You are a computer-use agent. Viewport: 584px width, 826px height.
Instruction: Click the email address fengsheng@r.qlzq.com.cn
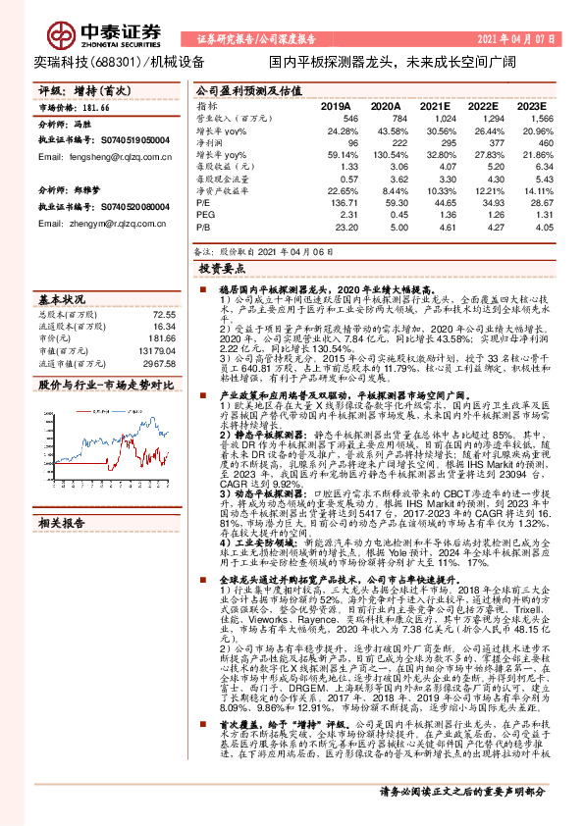point(108,156)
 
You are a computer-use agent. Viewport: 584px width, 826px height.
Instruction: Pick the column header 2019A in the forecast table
point(336,104)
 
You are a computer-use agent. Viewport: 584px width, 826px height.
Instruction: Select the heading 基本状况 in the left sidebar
point(58,298)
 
